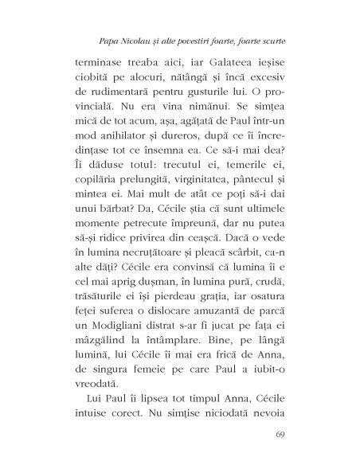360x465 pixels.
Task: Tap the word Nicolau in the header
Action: (132, 39)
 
